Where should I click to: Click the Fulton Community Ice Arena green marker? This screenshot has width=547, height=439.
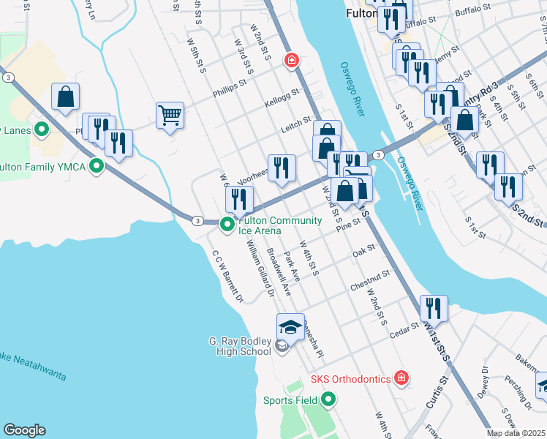pos(227,225)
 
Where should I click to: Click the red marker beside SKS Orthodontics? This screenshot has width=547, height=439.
pos(400,378)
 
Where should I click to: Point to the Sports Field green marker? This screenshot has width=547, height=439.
pos(328,399)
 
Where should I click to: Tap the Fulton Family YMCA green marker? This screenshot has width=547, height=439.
pos(95,166)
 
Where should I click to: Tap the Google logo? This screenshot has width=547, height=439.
pos(24,430)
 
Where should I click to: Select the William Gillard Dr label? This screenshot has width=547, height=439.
pos(260,270)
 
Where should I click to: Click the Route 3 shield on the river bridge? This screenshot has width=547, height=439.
pos(377,154)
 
